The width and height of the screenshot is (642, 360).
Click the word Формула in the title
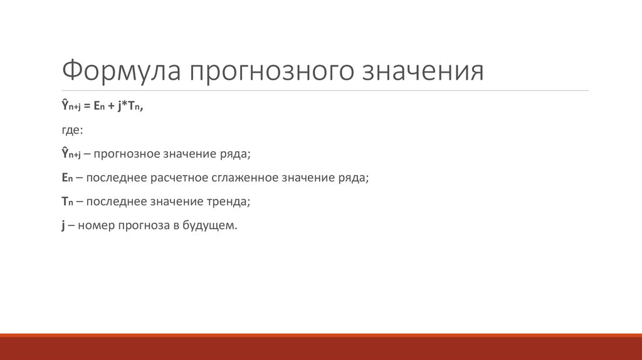(119, 70)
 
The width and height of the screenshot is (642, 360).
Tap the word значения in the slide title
(424, 70)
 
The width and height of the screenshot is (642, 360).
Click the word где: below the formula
(71, 130)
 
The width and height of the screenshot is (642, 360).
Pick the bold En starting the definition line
(67, 178)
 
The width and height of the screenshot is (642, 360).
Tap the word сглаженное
(243, 178)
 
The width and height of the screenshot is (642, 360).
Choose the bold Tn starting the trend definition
(67, 202)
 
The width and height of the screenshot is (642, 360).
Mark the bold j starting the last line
(63, 226)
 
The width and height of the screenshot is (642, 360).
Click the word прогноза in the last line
(146, 226)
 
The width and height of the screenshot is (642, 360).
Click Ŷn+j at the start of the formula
(71, 107)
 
